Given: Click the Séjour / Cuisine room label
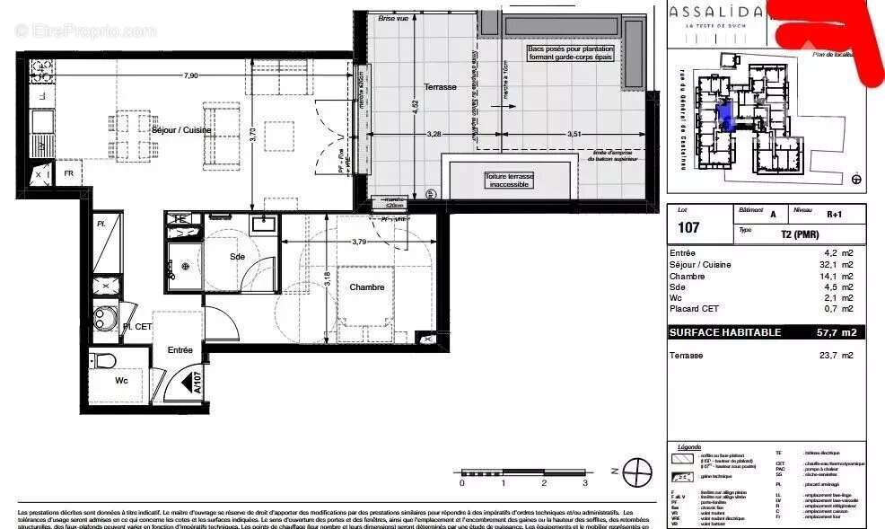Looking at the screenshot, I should click(x=182, y=130).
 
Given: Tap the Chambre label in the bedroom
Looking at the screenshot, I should click(x=367, y=287).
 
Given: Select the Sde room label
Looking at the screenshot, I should click(x=237, y=257).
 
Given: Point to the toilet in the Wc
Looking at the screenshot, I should click(x=105, y=361).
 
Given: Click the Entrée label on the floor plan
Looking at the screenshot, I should click(x=180, y=350).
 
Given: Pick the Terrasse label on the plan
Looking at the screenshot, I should click(x=441, y=87).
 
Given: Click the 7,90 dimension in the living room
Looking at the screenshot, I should click(x=190, y=75).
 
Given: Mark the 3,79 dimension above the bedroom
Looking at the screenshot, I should click(x=359, y=241).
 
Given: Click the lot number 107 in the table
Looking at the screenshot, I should click(x=688, y=227).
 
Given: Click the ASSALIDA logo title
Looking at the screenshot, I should click(x=715, y=12).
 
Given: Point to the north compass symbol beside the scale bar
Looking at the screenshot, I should click(x=637, y=470).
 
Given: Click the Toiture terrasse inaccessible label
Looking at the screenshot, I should click(x=510, y=181).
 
